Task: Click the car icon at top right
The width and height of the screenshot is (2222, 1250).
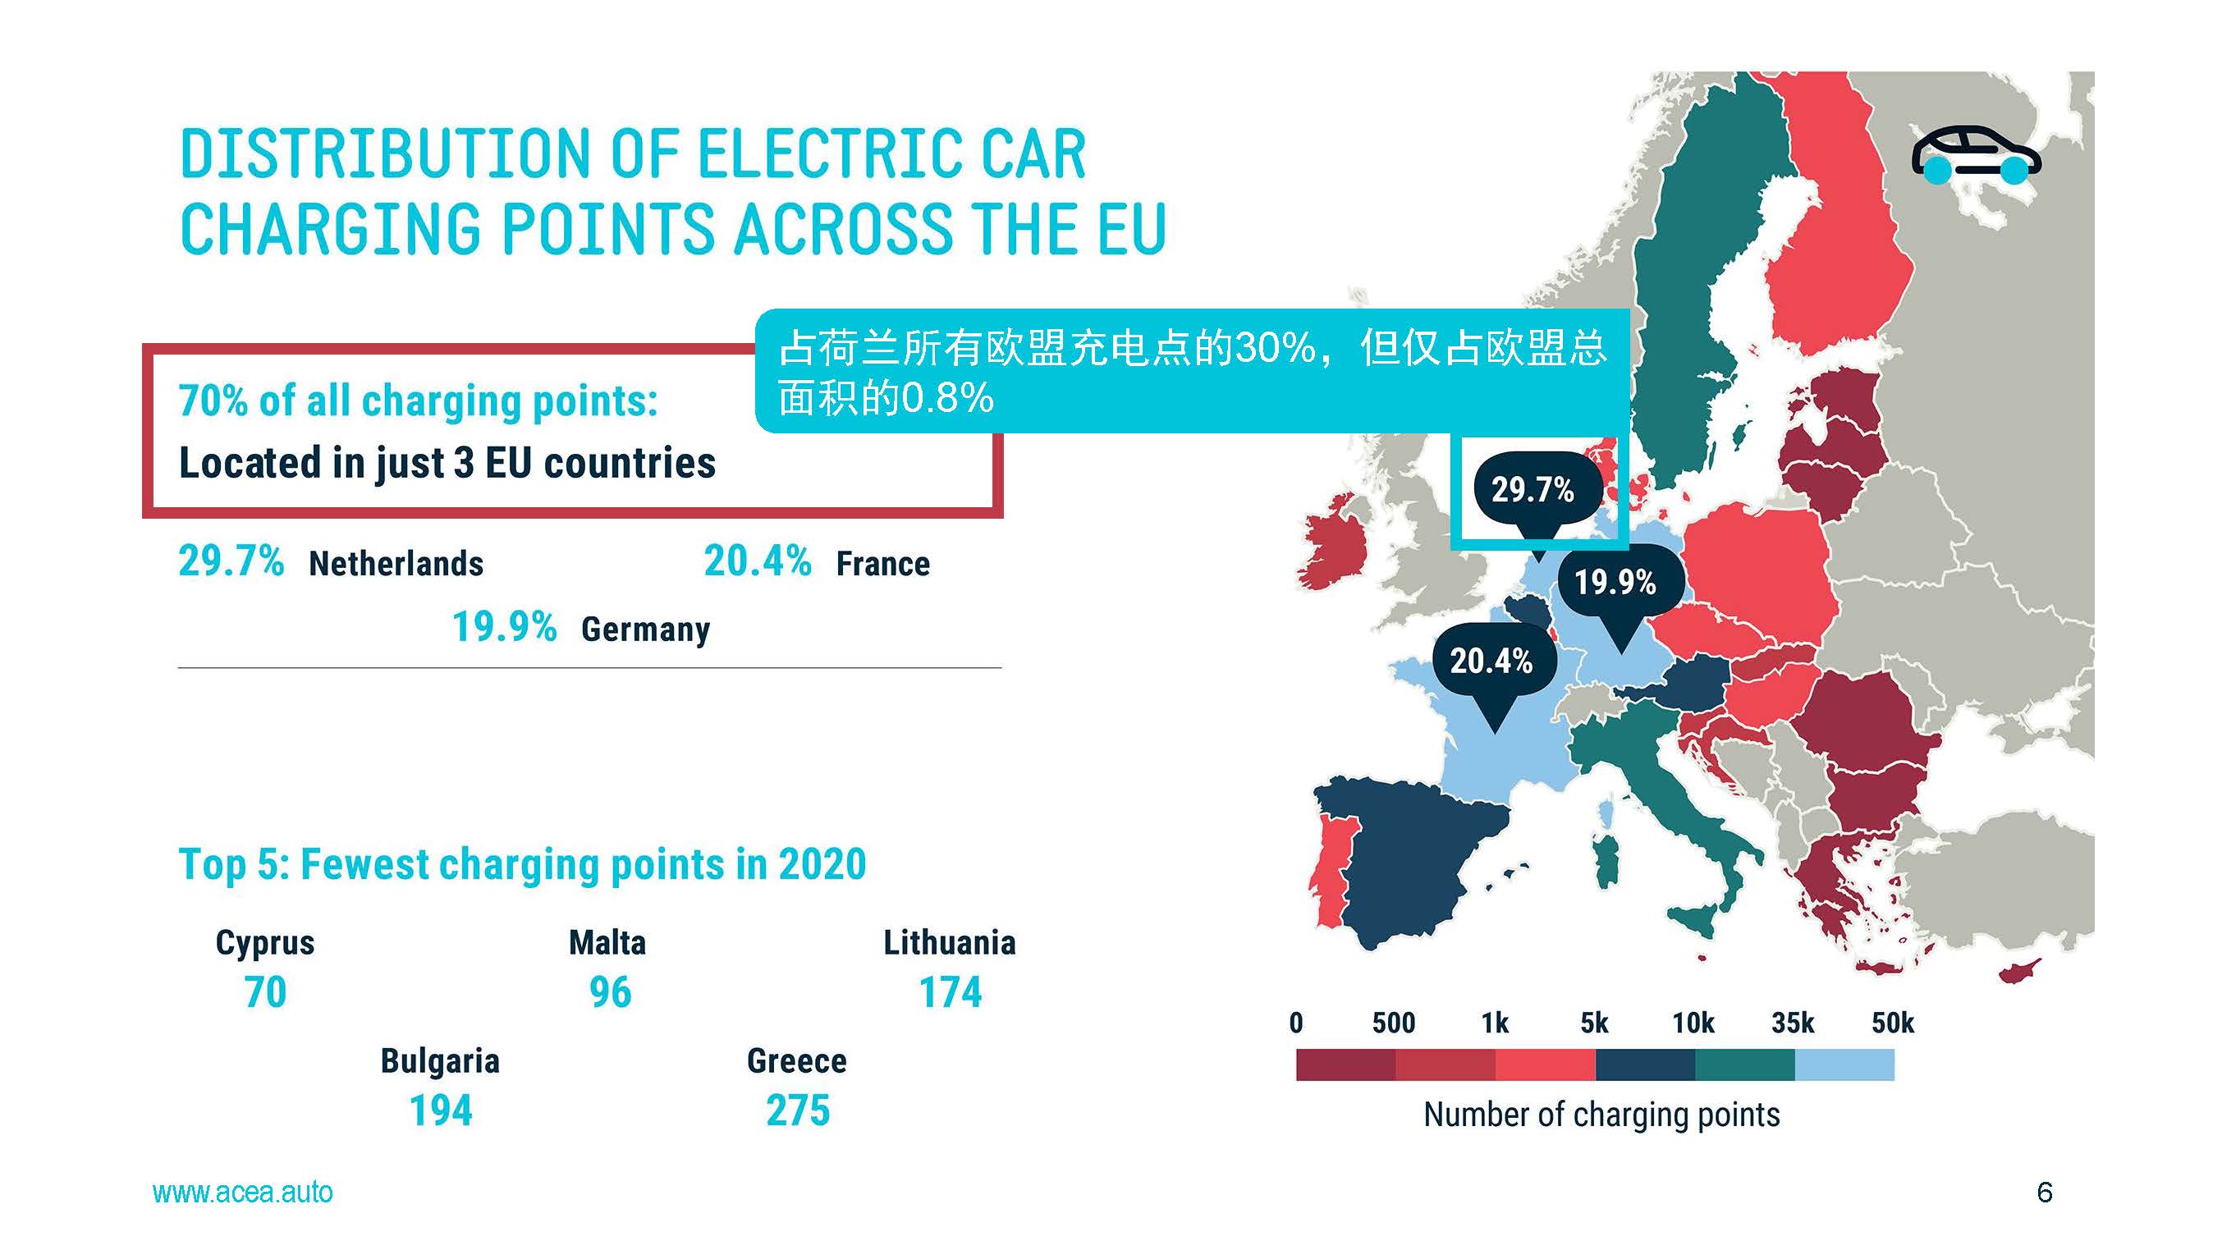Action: pos(1975,155)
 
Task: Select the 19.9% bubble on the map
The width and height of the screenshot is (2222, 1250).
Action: pos(1615,582)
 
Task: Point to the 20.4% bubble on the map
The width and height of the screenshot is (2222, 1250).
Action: pos(1491,661)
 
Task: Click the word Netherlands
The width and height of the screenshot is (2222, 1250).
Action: pos(396,564)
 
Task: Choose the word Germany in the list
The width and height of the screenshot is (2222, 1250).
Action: pos(645,629)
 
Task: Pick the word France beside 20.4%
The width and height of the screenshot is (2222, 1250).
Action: pos(883,564)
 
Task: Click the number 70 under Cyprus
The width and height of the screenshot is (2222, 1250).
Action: pos(265,992)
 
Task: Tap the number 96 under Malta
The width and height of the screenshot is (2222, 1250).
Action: pos(610,992)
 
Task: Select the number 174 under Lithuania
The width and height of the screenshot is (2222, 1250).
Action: pos(950,992)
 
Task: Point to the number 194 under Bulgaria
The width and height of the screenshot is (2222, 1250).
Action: pos(441,1110)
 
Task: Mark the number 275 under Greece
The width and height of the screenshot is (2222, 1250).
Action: pos(797,1110)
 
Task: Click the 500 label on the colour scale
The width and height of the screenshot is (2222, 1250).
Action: pos(1393,1023)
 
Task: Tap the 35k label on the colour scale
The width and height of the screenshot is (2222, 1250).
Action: pos(1793,1023)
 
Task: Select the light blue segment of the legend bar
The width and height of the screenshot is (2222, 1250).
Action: pos(1844,1065)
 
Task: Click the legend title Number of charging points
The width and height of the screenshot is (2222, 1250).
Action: pos(1601,1115)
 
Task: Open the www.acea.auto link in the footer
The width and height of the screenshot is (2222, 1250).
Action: pos(242,1193)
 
